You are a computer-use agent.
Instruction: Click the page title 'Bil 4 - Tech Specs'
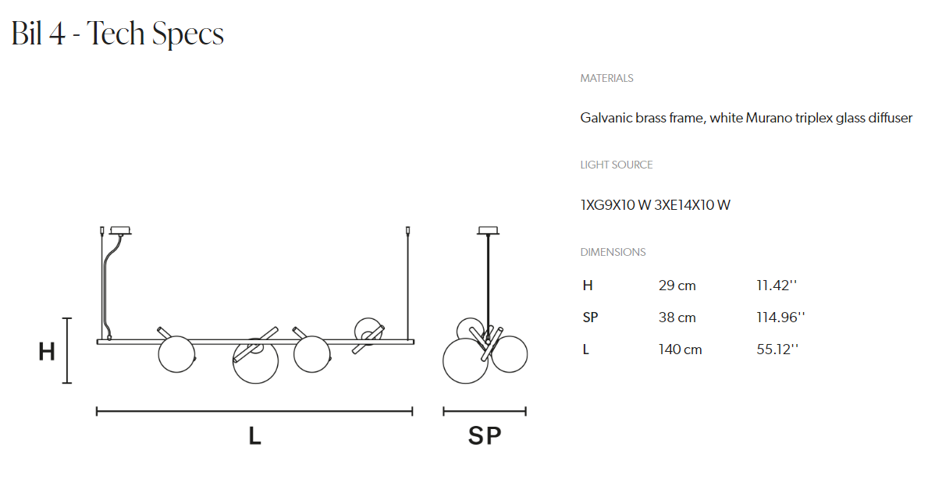117,34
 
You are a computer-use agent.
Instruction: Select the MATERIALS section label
606,78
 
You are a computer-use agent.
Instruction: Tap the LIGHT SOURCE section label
616,165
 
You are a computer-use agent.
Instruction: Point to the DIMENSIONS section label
613,252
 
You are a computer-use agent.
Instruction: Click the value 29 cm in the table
677,286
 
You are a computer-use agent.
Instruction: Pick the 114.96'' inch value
780,317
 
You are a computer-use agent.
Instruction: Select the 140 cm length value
680,349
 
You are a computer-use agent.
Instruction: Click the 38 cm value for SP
677,317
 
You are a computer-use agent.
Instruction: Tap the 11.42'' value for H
777,286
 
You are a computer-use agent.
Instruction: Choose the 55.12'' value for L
777,349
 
